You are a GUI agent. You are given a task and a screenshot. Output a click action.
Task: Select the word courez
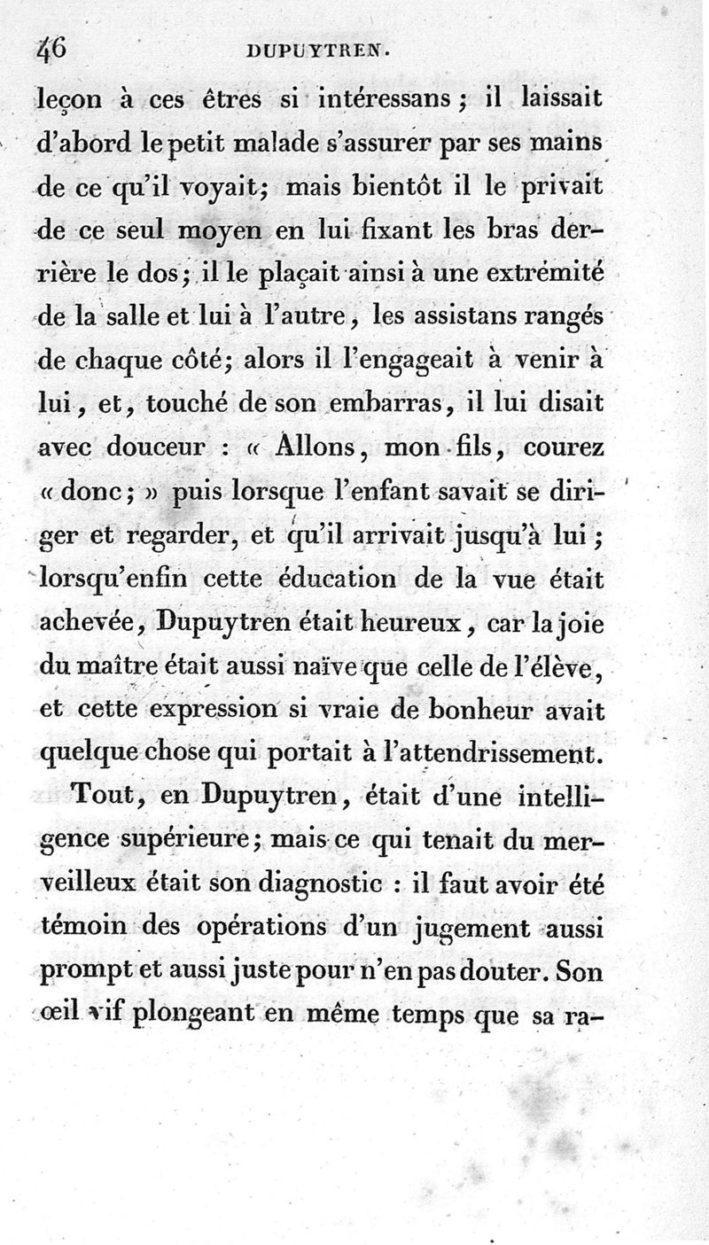pos(564,447)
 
